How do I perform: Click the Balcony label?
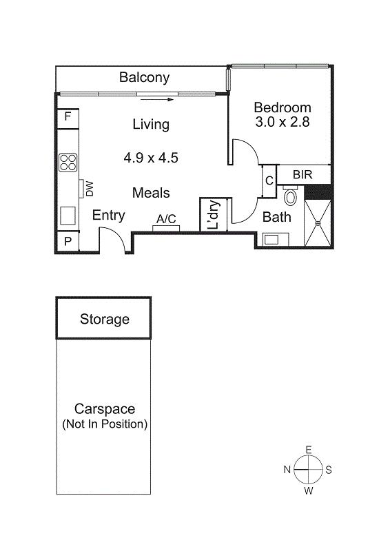point(144,77)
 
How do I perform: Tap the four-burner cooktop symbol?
point(68,163)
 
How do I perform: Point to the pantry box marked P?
point(68,242)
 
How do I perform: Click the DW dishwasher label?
point(90,189)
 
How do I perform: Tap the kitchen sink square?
point(68,216)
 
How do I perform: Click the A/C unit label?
point(166,219)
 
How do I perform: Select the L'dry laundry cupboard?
point(214,215)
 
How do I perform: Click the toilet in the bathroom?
point(290,196)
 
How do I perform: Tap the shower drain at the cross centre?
point(318,222)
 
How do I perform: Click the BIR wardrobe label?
point(302,175)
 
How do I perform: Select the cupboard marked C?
point(269,181)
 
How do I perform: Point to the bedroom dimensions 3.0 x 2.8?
point(283,122)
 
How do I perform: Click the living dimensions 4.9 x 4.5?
point(151,158)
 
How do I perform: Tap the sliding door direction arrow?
point(157,99)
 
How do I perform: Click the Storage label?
point(105,319)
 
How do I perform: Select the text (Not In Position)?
point(105,424)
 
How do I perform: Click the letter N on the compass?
point(287,470)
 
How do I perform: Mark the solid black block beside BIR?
point(318,192)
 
